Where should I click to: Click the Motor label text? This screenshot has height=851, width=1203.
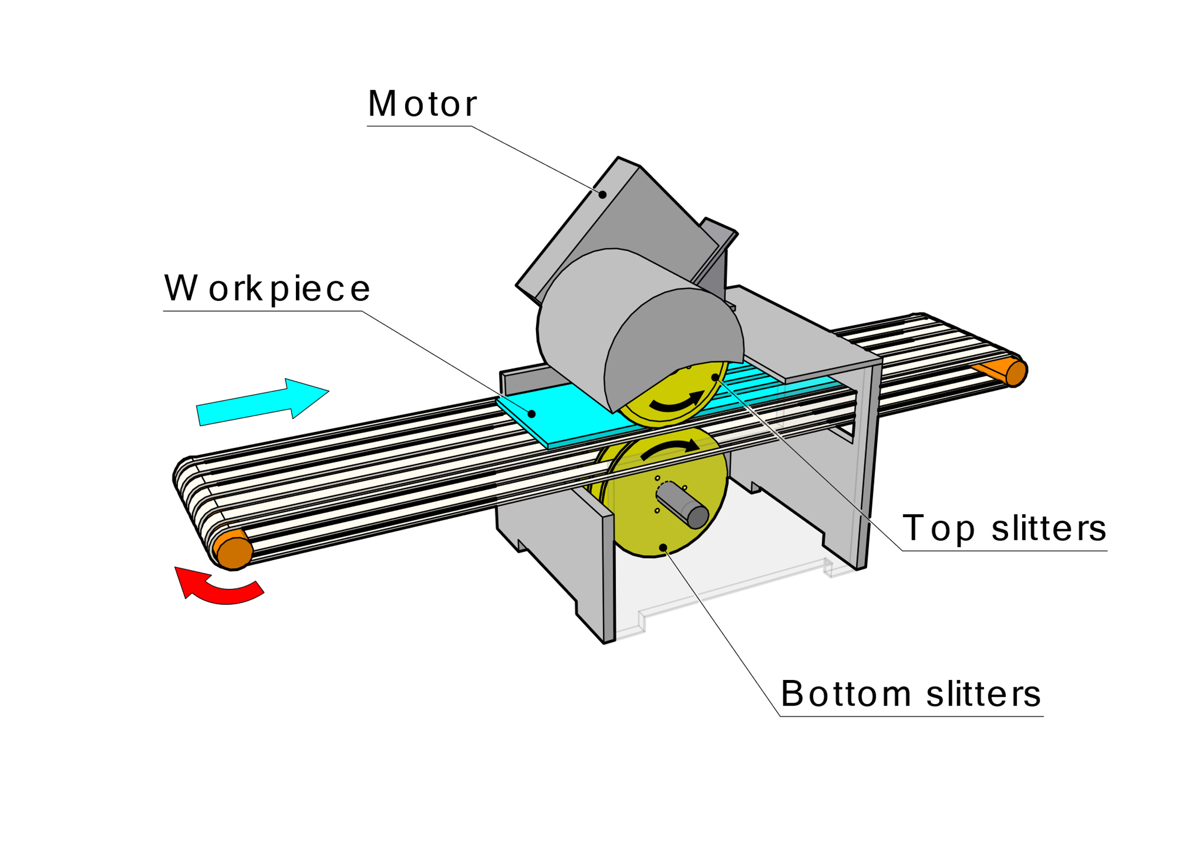[x=422, y=104]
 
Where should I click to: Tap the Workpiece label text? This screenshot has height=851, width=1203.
[x=267, y=289]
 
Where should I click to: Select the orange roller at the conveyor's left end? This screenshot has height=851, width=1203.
[x=234, y=551]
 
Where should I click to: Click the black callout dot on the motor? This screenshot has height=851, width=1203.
[x=602, y=195]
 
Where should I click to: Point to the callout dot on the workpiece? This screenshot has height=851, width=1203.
[x=531, y=414]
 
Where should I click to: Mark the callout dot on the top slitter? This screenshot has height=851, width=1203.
[x=715, y=378]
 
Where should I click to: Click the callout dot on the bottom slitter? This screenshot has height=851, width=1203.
[x=663, y=548]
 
